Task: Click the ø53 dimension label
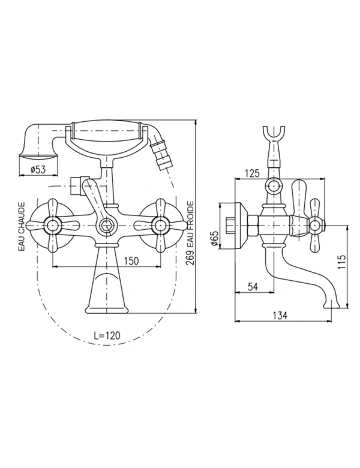tap(38, 170)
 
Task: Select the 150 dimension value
tap(131, 260)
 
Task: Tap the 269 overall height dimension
tap(190, 258)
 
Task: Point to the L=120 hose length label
tap(107, 335)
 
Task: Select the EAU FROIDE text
tap(190, 224)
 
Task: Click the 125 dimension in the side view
tap(252, 173)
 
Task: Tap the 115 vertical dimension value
tap(342, 262)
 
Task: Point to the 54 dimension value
tap(253, 287)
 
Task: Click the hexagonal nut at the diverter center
tap(106, 225)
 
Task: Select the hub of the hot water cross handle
tap(53, 225)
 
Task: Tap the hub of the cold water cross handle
tap(161, 225)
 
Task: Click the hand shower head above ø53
tap(38, 140)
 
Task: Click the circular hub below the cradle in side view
tap(273, 186)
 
